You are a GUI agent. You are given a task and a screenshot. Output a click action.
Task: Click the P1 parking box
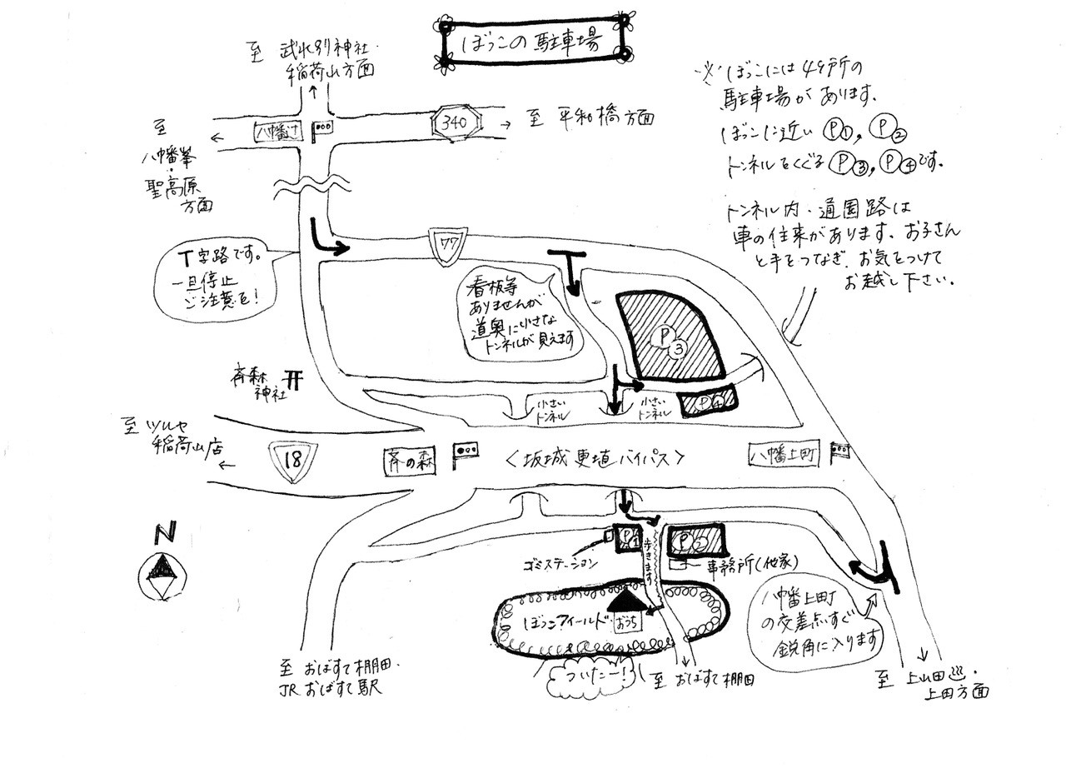click(x=629, y=540)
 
